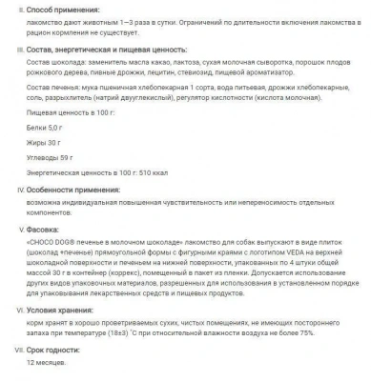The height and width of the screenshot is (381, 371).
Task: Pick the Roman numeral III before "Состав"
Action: pyautogui.click(x=8, y=48)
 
